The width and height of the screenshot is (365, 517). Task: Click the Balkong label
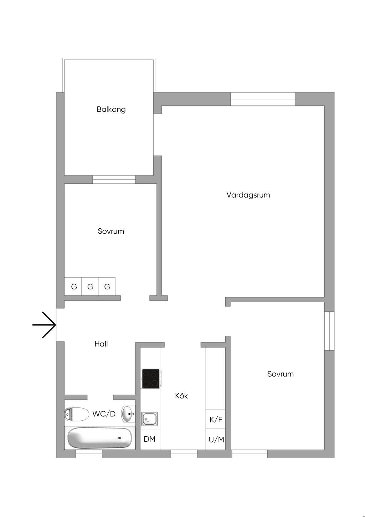pyautogui.click(x=111, y=109)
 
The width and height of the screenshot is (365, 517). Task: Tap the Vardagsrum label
pyautogui.click(x=248, y=195)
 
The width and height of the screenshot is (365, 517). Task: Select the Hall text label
pyautogui.click(x=101, y=344)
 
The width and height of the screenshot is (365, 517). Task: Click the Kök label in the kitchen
pyautogui.click(x=181, y=396)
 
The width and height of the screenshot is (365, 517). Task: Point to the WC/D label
pyautogui.click(x=104, y=414)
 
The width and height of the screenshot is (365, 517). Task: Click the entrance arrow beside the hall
pyautogui.click(x=45, y=325)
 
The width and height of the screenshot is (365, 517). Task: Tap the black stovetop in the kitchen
pyautogui.click(x=151, y=379)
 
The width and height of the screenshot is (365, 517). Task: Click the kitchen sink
pyautogui.click(x=150, y=419)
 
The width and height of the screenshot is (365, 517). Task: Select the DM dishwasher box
pyautogui.click(x=150, y=439)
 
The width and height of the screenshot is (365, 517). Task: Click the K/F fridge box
pyautogui.click(x=216, y=419)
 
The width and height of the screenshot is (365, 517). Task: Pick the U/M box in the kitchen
pyautogui.click(x=216, y=440)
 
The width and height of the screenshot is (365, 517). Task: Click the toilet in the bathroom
pyautogui.click(x=77, y=414)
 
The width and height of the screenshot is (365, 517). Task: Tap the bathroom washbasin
pyautogui.click(x=128, y=414)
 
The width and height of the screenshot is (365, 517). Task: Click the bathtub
pyautogui.click(x=100, y=438)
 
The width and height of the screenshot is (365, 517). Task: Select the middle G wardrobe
pyautogui.click(x=90, y=287)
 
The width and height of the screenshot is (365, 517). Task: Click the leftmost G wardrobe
pyautogui.click(x=74, y=287)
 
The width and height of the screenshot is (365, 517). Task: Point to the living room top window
pyautogui.click(x=263, y=99)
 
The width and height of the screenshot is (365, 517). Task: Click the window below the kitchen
pyautogui.click(x=184, y=454)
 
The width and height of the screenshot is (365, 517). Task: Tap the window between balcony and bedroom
pyautogui.click(x=114, y=179)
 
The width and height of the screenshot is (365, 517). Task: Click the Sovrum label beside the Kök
pyautogui.click(x=281, y=374)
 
